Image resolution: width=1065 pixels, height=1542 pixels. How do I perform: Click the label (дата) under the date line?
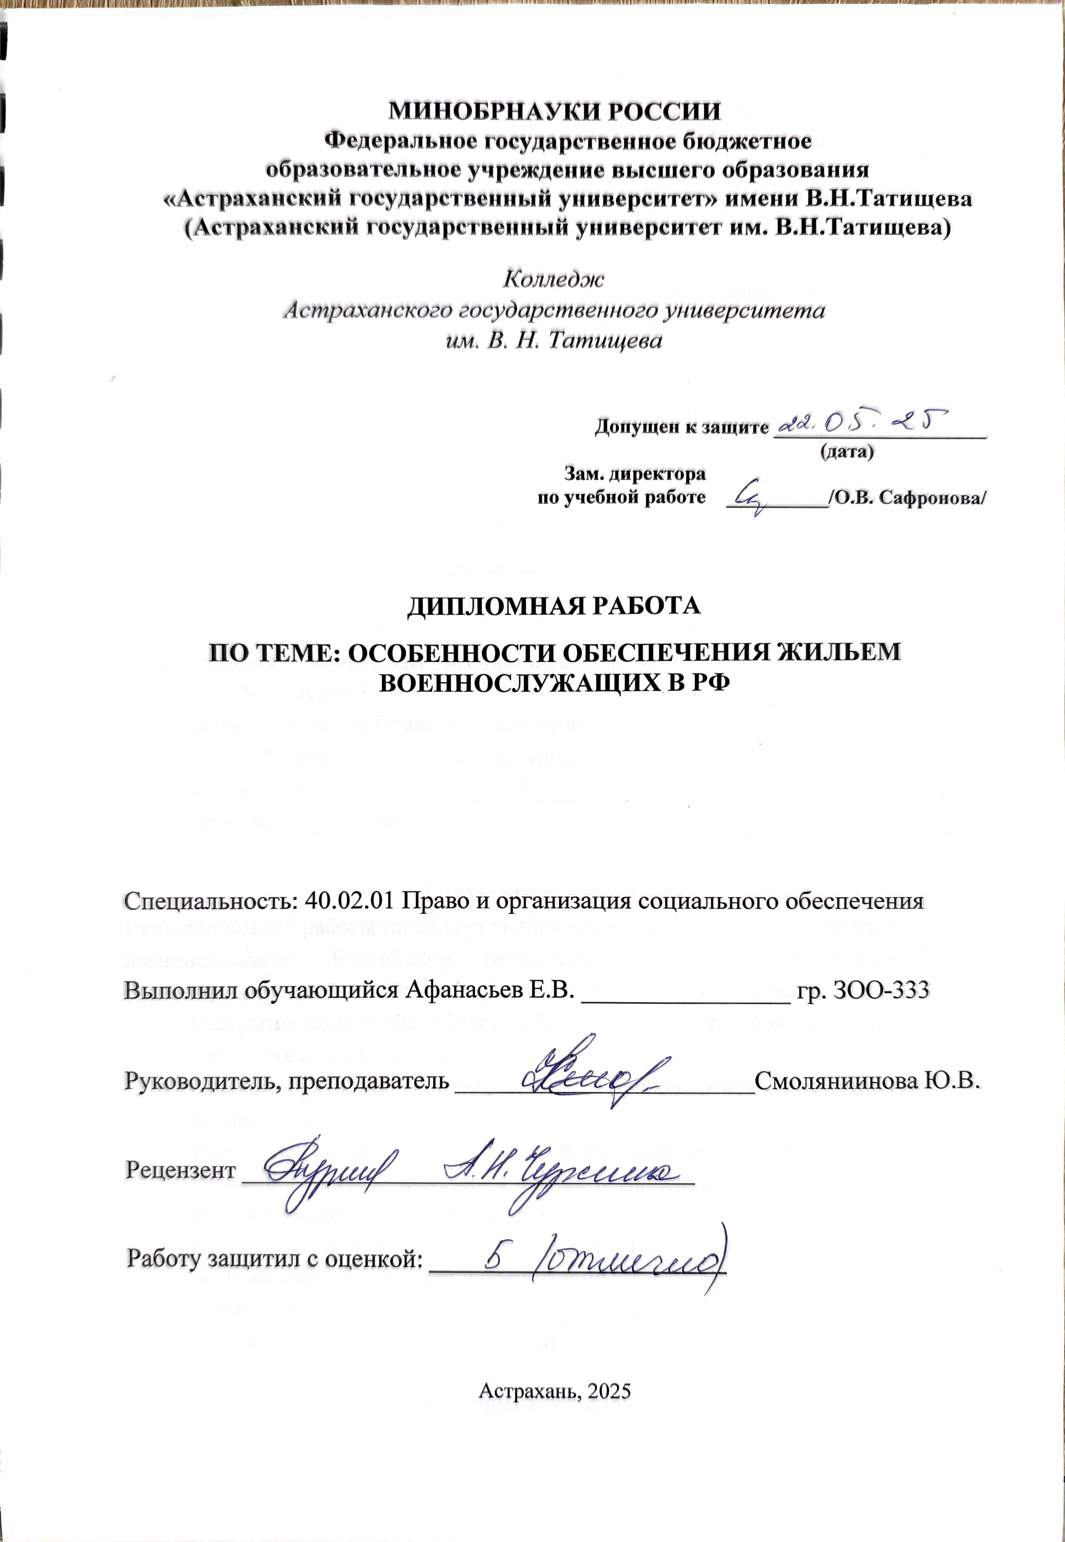[846, 452]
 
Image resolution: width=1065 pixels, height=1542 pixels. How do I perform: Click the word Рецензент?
[180, 1170]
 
